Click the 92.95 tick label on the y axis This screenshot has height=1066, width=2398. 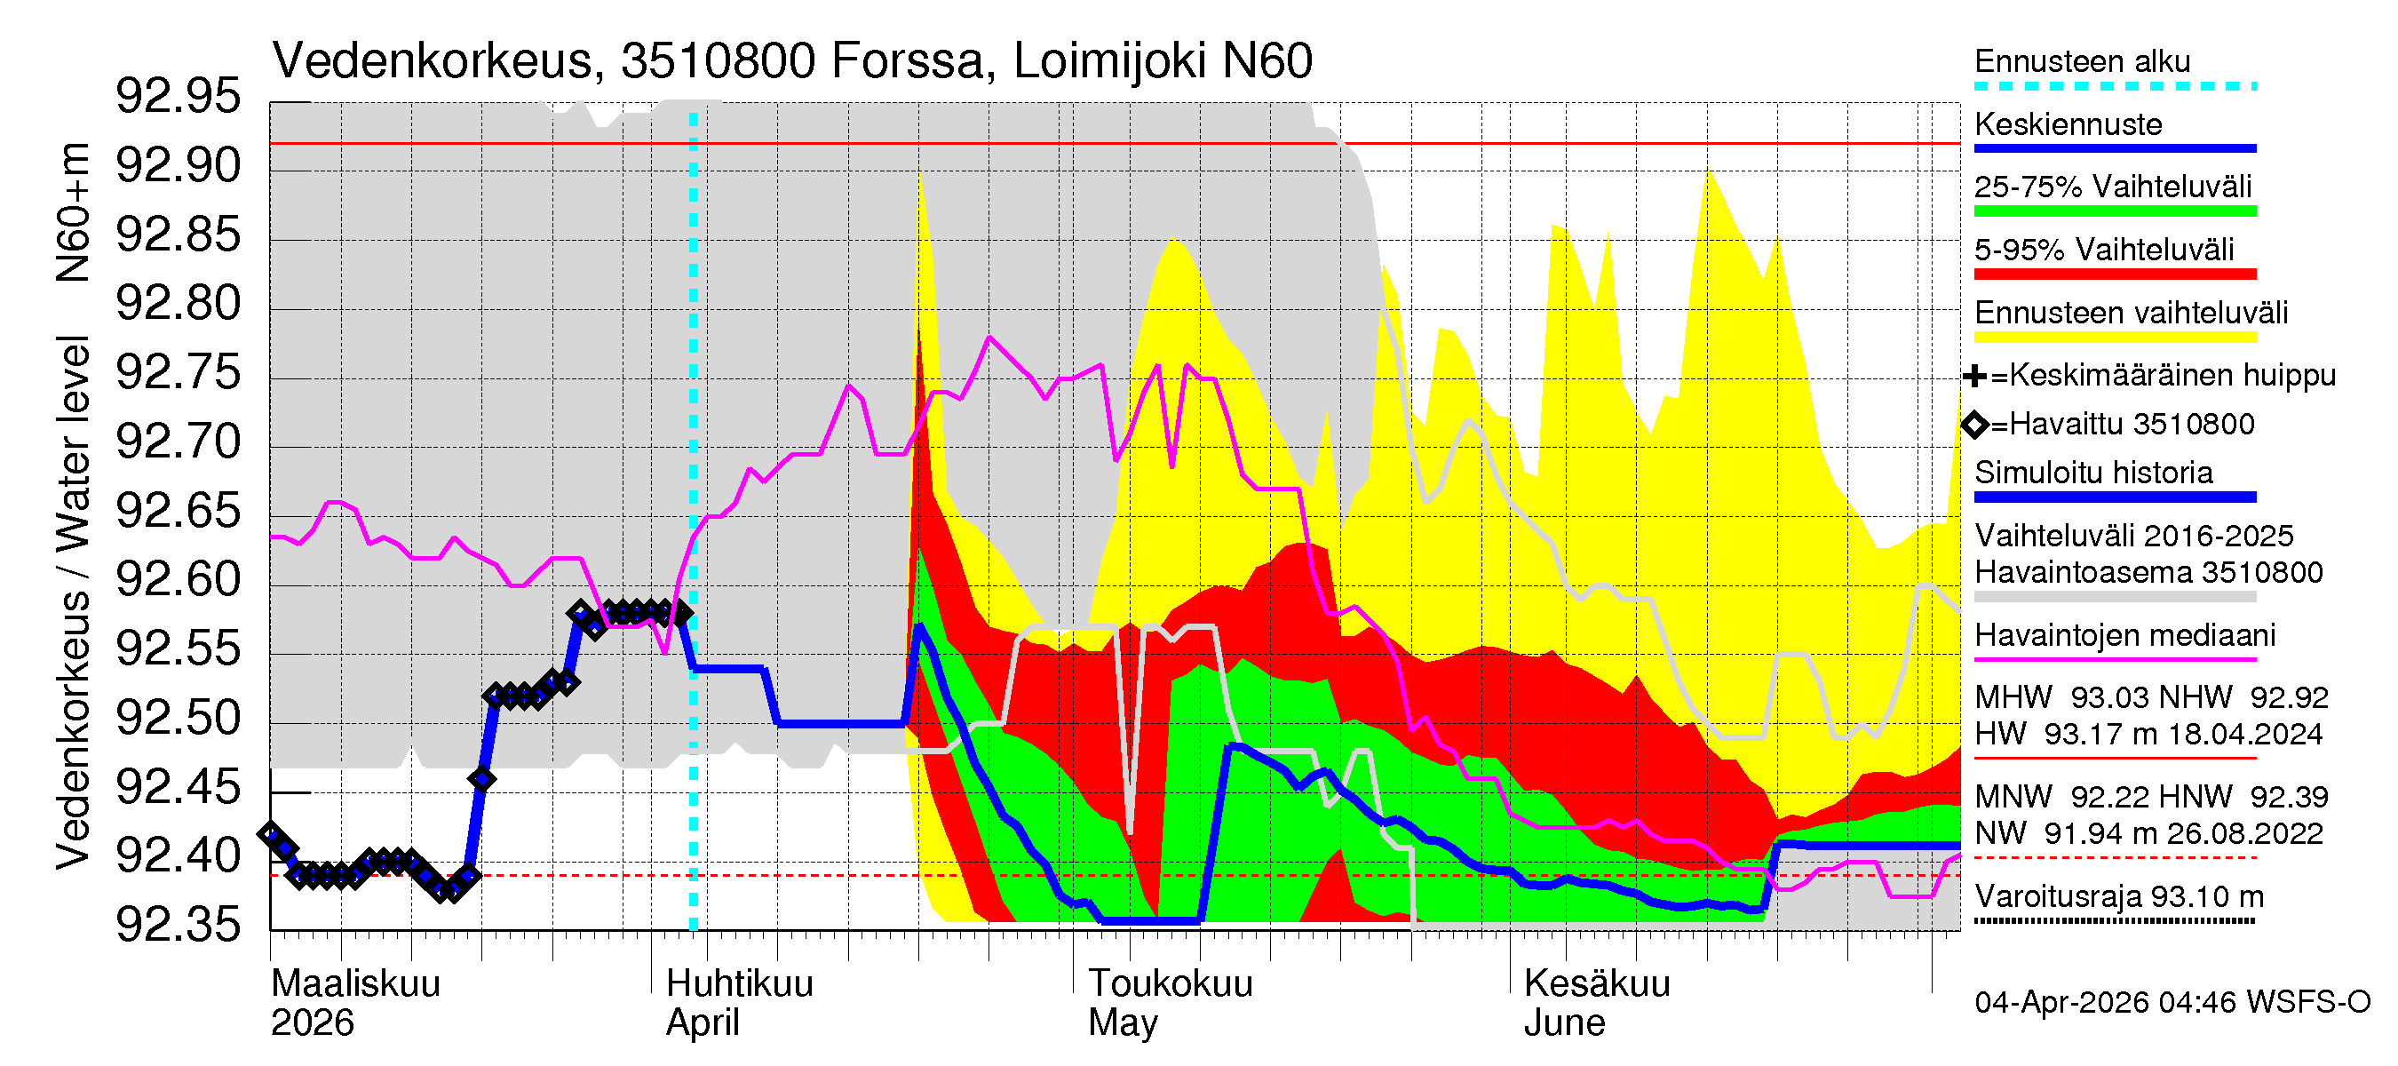point(178,97)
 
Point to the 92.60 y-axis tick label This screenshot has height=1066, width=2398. point(178,580)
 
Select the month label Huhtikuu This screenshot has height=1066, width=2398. point(739,983)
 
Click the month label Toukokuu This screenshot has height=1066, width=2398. point(1171,983)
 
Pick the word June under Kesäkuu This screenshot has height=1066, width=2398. point(1564,1022)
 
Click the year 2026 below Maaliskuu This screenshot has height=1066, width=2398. point(312,1022)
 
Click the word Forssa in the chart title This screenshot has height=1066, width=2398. point(907,61)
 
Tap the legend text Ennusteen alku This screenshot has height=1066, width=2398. point(2083,61)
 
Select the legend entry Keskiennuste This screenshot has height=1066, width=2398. point(2068,123)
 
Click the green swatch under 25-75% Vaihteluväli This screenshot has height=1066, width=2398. point(2114,211)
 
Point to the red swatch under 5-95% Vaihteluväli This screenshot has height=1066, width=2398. point(2114,274)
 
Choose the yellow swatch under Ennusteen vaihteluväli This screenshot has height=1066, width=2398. point(2114,336)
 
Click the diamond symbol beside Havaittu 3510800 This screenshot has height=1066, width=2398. point(1974,425)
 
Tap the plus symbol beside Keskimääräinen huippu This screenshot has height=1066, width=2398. point(1973,376)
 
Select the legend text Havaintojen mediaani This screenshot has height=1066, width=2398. point(2124,635)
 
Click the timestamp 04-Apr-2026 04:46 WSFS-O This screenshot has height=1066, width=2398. point(2172,1002)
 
